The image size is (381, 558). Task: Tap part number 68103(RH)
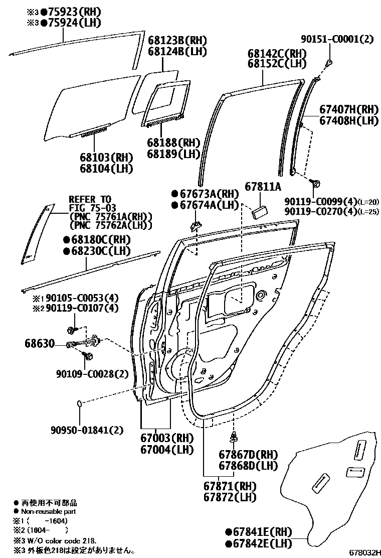[x=106, y=157]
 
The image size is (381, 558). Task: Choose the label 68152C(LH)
[x=277, y=64]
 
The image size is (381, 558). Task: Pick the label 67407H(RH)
[x=348, y=109]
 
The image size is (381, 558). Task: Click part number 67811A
[x=263, y=187]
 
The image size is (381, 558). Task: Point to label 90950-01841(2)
[x=86, y=430]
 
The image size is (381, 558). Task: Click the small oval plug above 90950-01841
[x=80, y=402]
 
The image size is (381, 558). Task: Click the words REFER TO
[x=90, y=199]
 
